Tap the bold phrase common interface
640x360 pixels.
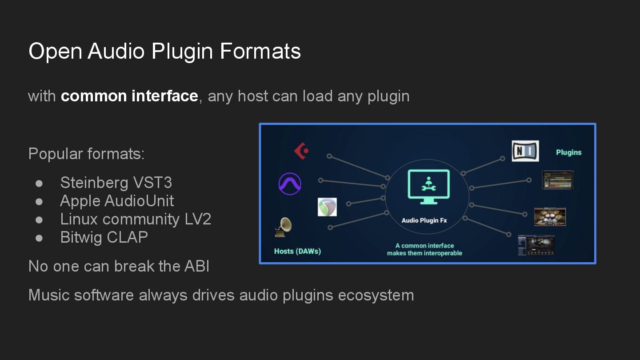click(129, 96)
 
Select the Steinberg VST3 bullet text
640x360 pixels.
click(116, 183)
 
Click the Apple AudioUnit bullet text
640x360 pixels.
click(117, 201)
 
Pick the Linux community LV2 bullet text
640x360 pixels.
click(136, 219)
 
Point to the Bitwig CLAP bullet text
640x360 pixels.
click(104, 237)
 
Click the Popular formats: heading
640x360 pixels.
click(86, 154)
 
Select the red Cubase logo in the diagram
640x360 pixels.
click(301, 151)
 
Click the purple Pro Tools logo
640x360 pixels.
click(290, 183)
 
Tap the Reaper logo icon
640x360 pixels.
click(327, 207)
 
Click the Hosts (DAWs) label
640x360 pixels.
click(297, 251)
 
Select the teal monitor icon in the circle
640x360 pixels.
click(428, 187)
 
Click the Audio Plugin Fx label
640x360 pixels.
click(424, 220)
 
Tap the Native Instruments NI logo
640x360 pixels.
click(525, 151)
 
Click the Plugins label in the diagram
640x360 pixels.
click(568, 152)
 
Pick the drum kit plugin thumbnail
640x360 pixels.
click(550, 217)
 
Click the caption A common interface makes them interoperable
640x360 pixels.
click(424, 249)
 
